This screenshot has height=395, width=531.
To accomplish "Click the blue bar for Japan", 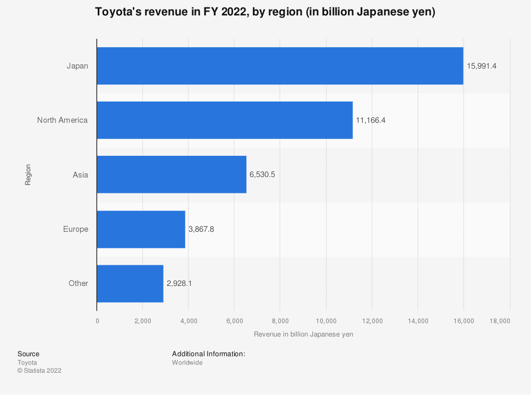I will click(280, 66).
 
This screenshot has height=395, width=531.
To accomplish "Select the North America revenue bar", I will click(225, 120).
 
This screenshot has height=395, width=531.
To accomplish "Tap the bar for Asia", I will click(172, 174).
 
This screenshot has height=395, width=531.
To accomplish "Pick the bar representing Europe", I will click(141, 229).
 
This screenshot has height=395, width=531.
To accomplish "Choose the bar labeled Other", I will click(130, 283).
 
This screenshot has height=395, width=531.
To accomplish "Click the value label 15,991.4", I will click(482, 66).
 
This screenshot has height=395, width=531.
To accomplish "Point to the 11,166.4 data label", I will click(371, 120).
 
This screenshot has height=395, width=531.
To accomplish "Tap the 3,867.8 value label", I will click(201, 229).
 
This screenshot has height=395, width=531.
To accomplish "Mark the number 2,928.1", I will click(179, 283).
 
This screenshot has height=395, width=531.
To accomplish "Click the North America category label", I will click(62, 120).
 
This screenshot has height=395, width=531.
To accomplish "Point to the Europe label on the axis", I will click(75, 229).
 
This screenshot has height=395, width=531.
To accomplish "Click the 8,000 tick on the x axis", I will click(280, 321).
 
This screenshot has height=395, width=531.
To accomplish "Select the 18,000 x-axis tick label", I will click(500, 321).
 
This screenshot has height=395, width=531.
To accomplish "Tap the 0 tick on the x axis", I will click(97, 321).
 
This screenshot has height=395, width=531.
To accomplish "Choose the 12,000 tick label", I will click(372, 321).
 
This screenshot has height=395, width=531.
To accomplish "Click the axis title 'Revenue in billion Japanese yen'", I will click(303, 334).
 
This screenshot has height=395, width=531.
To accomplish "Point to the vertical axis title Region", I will click(28, 174).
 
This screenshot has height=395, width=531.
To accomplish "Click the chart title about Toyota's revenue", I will click(265, 13).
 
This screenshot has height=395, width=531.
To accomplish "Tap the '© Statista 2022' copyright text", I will click(39, 371).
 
